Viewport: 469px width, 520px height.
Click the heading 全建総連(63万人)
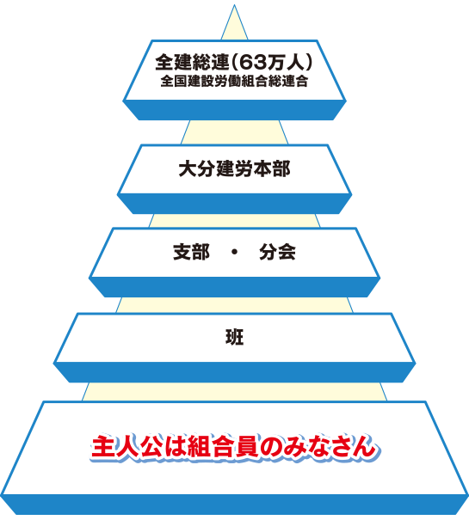point(234,62)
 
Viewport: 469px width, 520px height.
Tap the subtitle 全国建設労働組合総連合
point(234,82)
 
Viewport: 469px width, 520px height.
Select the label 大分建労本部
point(234,168)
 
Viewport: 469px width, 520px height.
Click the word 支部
point(191,252)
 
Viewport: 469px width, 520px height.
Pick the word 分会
point(277,252)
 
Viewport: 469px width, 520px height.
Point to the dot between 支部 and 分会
point(234,253)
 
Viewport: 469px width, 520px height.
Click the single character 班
point(234,337)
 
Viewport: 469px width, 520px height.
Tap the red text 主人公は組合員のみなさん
point(234,448)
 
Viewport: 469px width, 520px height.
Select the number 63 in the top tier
point(252,63)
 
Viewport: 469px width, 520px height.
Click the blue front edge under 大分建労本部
point(234,204)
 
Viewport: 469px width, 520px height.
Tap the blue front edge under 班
point(234,372)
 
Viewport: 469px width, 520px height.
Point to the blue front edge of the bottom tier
point(234,505)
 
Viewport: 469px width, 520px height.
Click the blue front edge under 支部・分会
point(234,287)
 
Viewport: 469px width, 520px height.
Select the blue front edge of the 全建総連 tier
point(234,110)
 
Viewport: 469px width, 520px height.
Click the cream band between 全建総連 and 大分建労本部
point(234,132)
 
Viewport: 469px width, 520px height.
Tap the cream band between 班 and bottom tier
point(234,392)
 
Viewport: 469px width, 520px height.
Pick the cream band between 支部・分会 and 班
point(234,305)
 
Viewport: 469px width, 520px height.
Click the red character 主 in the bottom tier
point(102,448)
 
